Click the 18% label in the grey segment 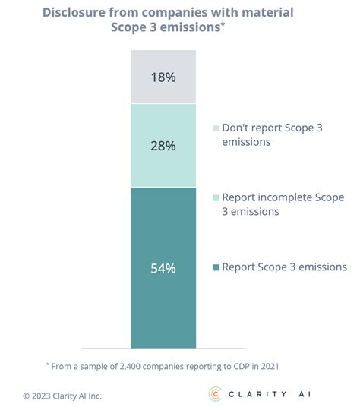(x=163, y=77)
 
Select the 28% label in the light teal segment (x=163, y=144)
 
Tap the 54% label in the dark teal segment (x=163, y=267)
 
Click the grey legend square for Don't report (x=216, y=128)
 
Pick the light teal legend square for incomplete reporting (x=216, y=197)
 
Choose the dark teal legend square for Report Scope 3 (x=216, y=267)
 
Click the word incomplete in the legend (x=279, y=197)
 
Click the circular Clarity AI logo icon (x=215, y=393)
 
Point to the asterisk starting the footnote (x=47, y=364)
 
